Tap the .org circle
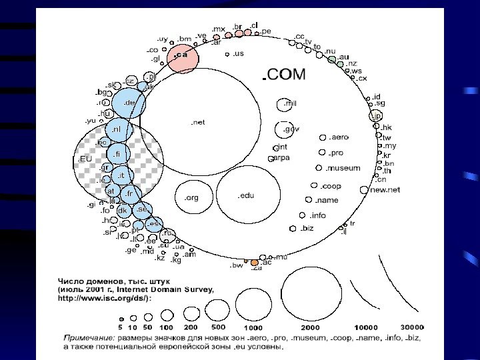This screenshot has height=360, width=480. pyautogui.click(x=191, y=197)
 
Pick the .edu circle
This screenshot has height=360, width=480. pyautogui.click(x=247, y=195)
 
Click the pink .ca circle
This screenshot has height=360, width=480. pyautogui.click(x=183, y=56)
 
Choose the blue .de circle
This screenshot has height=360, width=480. pyautogui.click(x=128, y=103)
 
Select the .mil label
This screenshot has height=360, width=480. pyautogui.click(x=289, y=103)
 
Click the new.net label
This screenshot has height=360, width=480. pyautogui.click(x=385, y=190)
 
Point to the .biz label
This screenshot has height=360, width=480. pyautogui.click(x=306, y=228)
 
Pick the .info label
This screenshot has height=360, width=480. pyautogui.click(x=317, y=215)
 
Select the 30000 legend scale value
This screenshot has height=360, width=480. pyautogui.click(x=411, y=328)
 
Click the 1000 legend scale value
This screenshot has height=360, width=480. pyautogui.click(x=253, y=328)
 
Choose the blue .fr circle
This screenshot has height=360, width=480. pyautogui.click(x=129, y=194)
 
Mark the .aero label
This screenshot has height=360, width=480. pyautogui.click(x=339, y=137)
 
